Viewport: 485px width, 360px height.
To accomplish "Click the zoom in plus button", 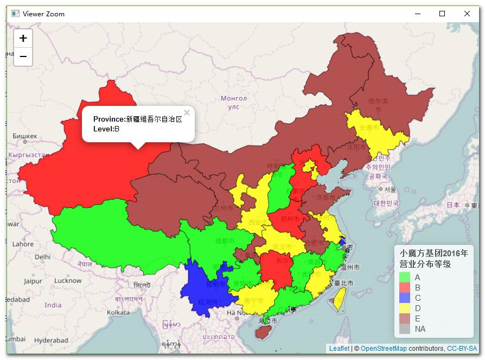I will click(x=23, y=39).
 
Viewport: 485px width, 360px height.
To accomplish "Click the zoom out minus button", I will click(x=23, y=56).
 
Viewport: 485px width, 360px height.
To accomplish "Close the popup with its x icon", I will click(x=187, y=113).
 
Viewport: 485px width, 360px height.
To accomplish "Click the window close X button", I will click(x=467, y=14).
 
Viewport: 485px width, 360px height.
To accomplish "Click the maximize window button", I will click(x=442, y=14).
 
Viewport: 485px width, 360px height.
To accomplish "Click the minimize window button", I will click(x=417, y=14).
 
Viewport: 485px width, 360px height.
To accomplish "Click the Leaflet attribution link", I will click(x=339, y=349).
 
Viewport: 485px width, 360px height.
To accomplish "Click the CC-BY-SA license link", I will click(x=462, y=349).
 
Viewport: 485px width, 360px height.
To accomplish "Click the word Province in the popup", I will click(x=109, y=119).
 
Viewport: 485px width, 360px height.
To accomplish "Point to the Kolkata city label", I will click(x=118, y=312).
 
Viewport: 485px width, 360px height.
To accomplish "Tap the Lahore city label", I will click(x=23, y=244).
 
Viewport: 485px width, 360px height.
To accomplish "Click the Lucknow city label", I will click(x=68, y=281).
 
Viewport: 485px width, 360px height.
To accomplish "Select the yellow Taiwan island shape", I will click(x=339, y=299).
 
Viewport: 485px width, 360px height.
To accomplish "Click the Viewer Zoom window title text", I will click(x=43, y=14).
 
